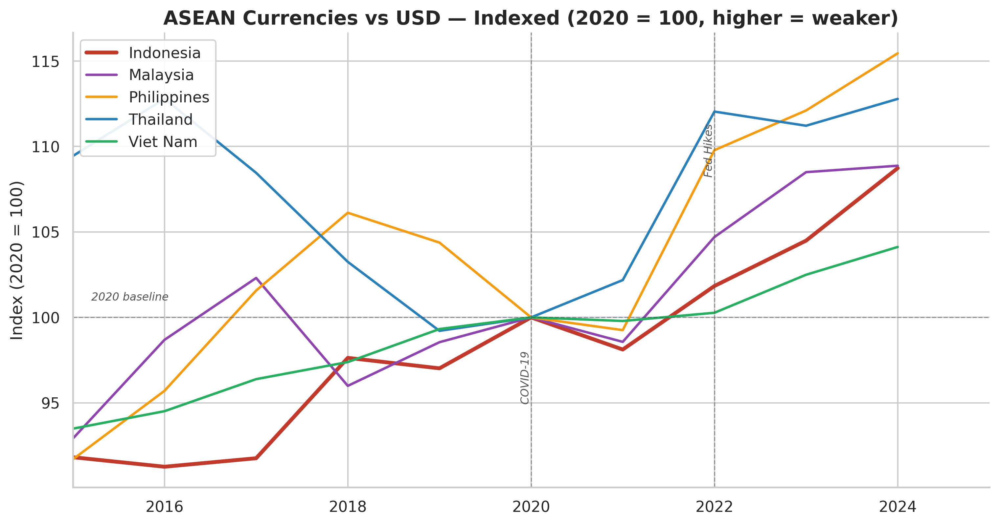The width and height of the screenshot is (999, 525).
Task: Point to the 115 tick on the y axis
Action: pyautogui.click(x=45, y=62)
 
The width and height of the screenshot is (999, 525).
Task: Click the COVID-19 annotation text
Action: pyautogui.click(x=524, y=378)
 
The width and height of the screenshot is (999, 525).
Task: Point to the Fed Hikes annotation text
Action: pyautogui.click(x=708, y=151)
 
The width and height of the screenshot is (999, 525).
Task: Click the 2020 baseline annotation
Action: pyautogui.click(x=129, y=297)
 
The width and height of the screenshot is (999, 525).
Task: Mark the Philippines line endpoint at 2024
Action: pyautogui.click(x=897, y=53)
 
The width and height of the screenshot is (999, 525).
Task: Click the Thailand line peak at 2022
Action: pyautogui.click(x=715, y=112)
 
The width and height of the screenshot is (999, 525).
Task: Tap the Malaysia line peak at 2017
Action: pyautogui.click(x=256, y=278)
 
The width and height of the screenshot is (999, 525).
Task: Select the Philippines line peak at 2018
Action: pyautogui.click(x=348, y=213)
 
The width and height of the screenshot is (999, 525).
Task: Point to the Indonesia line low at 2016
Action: pyautogui.click(x=165, y=467)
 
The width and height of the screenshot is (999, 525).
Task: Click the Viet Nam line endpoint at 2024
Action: pyautogui.click(x=897, y=247)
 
